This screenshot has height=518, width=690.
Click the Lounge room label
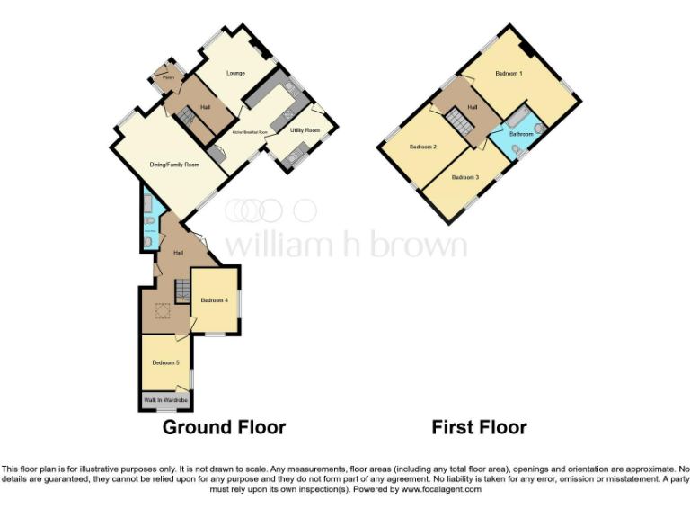[x=236, y=73]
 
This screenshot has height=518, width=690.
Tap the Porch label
[x=167, y=78]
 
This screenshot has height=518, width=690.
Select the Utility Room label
[x=305, y=130]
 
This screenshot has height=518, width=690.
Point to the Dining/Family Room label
[x=173, y=165]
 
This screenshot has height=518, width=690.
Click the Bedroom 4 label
[x=214, y=299]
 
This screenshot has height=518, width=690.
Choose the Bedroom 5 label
[x=165, y=362]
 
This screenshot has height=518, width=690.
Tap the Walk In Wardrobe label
[x=165, y=398]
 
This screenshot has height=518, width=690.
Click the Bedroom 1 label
[x=508, y=73]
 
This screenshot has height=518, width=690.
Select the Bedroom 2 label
[x=422, y=146]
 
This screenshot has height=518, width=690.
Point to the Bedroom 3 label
[x=464, y=177]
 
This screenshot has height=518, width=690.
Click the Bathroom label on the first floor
[x=521, y=134]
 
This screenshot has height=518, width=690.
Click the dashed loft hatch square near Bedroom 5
[x=164, y=312]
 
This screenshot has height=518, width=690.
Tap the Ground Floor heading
[x=224, y=427]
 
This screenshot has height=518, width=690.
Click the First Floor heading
[x=479, y=427]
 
